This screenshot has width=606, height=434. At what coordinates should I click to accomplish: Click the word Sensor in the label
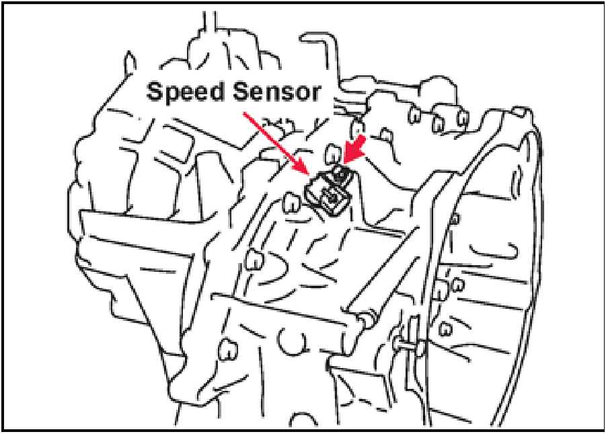[277, 92]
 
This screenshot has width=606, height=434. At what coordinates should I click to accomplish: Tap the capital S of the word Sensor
[242, 92]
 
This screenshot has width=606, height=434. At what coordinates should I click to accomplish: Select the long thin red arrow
[276, 144]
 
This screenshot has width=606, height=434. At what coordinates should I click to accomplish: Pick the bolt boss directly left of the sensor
[292, 203]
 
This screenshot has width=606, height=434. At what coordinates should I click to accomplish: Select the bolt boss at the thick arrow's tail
[358, 129]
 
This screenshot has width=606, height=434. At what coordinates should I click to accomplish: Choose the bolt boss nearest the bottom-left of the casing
[227, 349]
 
